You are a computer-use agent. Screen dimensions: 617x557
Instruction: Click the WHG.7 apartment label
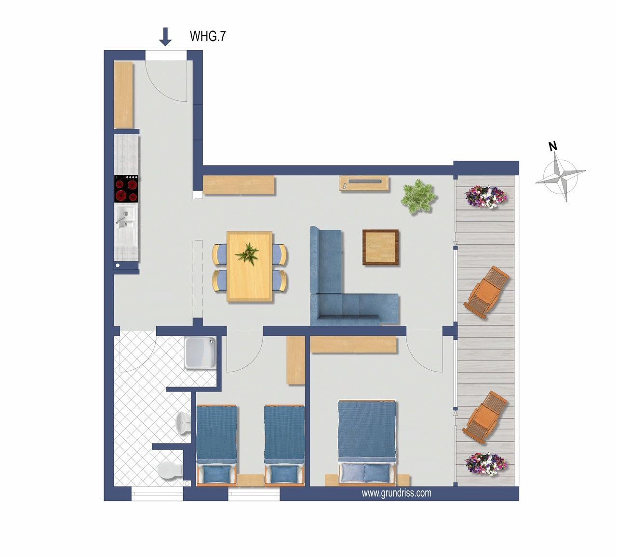tap(208, 36)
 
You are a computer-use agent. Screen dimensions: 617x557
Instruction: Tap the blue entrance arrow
tap(165, 37)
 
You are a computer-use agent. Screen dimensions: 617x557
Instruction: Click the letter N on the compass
tap(553, 146)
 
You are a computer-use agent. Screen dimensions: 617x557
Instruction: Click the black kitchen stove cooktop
tap(126, 189)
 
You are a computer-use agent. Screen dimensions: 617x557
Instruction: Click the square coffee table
tap(380, 247)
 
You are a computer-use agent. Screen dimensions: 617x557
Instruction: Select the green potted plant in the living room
tap(419, 196)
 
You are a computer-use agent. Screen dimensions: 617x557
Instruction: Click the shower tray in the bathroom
tap(200, 352)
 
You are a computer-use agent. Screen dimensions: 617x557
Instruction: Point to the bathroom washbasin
tap(184, 423)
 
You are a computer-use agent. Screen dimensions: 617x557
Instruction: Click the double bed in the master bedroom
tap(367, 443)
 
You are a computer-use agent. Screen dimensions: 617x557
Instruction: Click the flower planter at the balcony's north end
tap(486, 196)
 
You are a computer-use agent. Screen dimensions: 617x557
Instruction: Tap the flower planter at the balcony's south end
tap(486, 464)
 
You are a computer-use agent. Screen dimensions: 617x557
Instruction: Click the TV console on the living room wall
tap(364, 183)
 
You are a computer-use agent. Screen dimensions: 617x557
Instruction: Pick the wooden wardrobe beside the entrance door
tap(123, 95)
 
